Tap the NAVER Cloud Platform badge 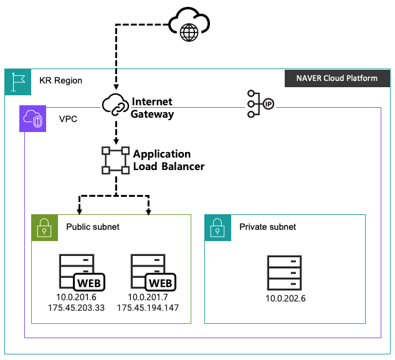(x=336, y=78)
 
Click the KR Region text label (x=60, y=81)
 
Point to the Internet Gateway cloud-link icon (x=115, y=107)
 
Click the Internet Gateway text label (x=152, y=108)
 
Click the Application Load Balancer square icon (x=115, y=159)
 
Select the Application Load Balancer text (x=168, y=160)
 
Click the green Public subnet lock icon (x=44, y=227)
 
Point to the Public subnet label (x=93, y=227)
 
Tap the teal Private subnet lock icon (x=217, y=227)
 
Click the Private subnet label (x=268, y=227)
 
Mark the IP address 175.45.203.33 (x=76, y=308)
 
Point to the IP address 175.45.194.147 (x=148, y=308)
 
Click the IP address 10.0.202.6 (x=285, y=298)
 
